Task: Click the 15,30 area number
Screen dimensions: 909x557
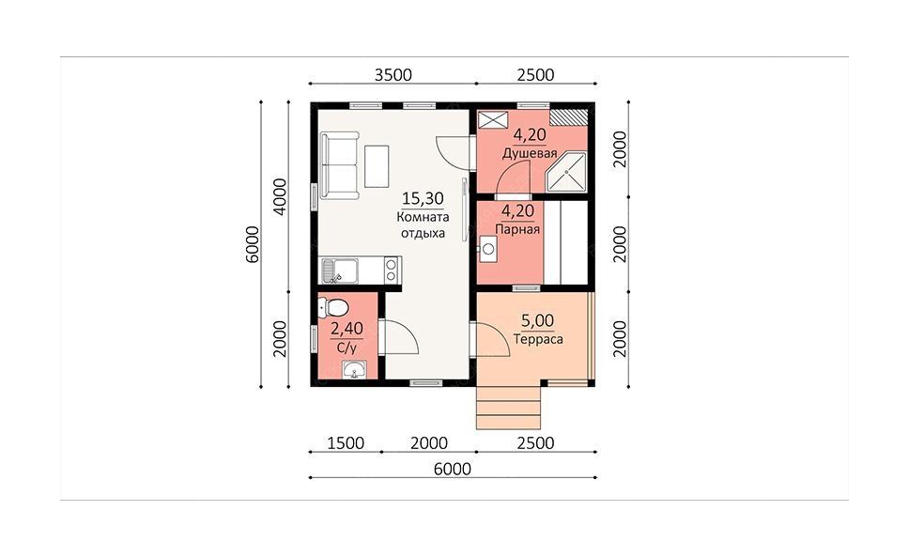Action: click(x=423, y=199)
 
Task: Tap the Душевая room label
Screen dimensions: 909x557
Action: click(x=530, y=154)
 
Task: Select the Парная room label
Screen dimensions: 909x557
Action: click(x=517, y=229)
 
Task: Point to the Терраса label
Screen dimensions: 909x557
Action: click(x=538, y=339)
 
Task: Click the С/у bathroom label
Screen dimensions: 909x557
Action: click(x=347, y=348)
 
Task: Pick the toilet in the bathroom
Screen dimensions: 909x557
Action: click(x=332, y=308)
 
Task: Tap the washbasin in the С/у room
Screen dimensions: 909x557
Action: click(x=353, y=369)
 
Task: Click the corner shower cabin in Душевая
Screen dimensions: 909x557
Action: click(x=567, y=172)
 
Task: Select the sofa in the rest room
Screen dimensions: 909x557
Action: click(x=339, y=165)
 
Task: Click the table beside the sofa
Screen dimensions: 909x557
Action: click(x=377, y=166)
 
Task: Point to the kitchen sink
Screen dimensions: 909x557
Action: click(x=340, y=271)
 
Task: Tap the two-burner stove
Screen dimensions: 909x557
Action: click(x=392, y=271)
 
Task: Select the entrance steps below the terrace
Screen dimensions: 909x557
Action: click(x=508, y=408)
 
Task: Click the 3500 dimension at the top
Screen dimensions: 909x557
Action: click(x=393, y=75)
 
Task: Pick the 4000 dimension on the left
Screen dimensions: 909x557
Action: click(x=280, y=197)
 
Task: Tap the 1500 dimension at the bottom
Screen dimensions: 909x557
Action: click(x=346, y=443)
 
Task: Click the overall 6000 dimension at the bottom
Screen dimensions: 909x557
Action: click(x=453, y=469)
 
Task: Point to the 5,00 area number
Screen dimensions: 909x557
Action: click(x=537, y=320)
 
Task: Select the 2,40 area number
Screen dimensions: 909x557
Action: click(x=347, y=329)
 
